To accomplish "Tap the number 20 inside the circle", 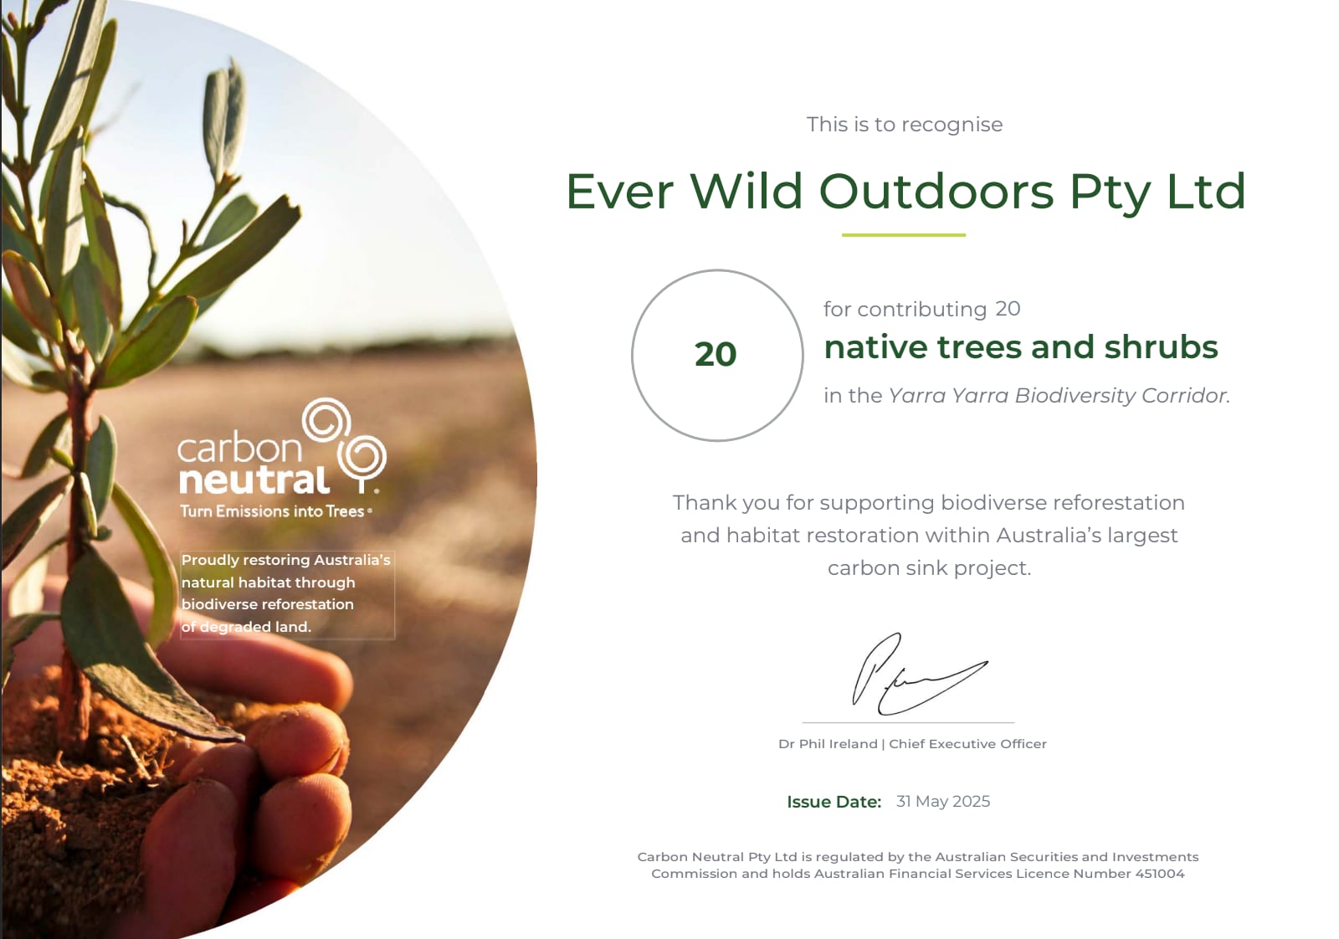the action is (x=716, y=355).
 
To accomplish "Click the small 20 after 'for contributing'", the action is (x=1008, y=309).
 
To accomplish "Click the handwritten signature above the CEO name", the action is (x=920, y=675).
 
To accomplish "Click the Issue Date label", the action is (x=834, y=802).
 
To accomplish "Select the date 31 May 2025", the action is (x=942, y=802).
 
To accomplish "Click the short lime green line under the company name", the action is (x=903, y=235).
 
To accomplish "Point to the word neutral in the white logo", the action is (x=254, y=480).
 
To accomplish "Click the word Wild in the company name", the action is (x=746, y=192).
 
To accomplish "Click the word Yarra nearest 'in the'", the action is (x=916, y=396).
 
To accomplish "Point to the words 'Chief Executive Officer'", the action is (x=967, y=744).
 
